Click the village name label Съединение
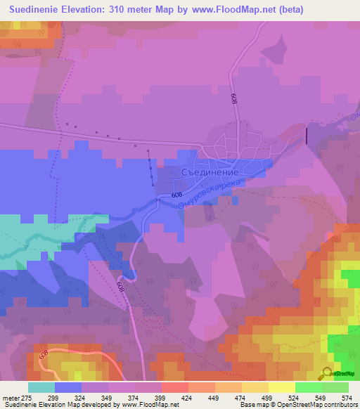coord(212,171)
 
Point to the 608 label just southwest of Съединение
coord(176,195)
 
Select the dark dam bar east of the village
coord(307,134)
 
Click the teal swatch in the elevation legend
coord(41,387)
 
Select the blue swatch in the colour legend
coord(68,387)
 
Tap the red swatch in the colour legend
coord(175,387)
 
